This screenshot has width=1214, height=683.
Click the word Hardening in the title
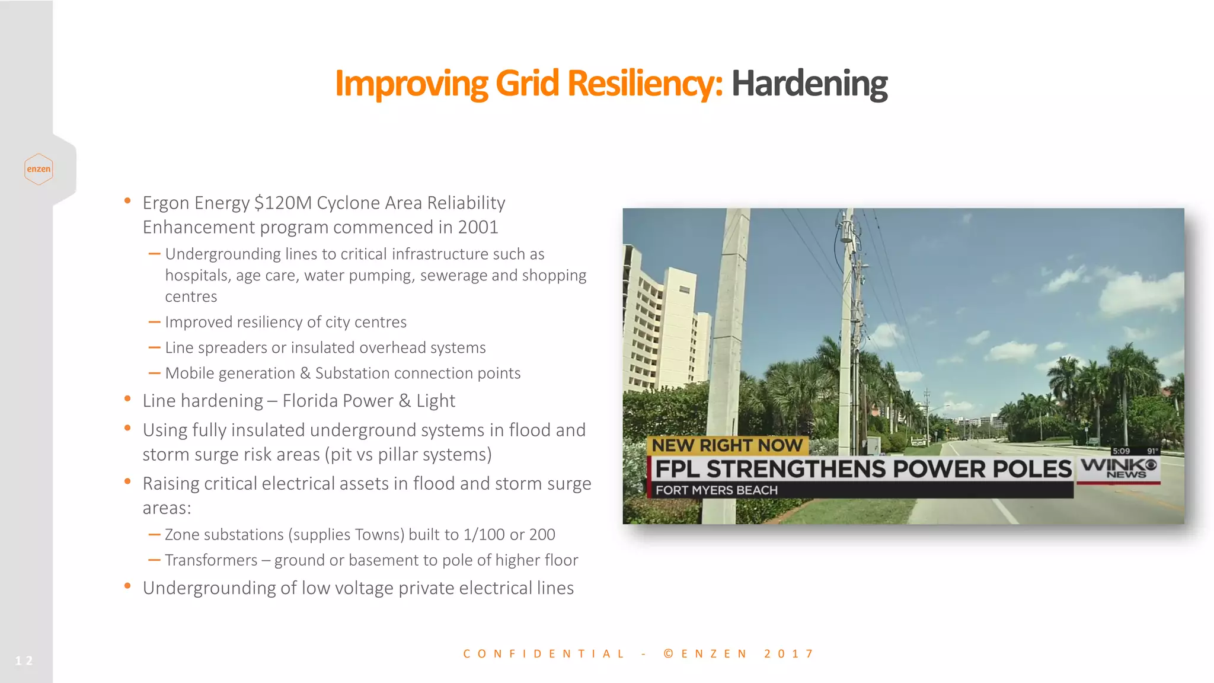click(x=809, y=84)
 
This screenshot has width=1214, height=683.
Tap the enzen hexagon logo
click(x=39, y=169)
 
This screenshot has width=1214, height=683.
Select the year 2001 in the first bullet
click(x=478, y=227)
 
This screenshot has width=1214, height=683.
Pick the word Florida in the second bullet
click(x=308, y=401)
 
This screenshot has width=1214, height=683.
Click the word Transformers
click(x=211, y=560)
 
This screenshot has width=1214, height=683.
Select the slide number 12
click(x=24, y=660)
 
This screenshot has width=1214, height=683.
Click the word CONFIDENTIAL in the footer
click(x=544, y=654)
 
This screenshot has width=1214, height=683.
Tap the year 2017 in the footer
click(x=789, y=654)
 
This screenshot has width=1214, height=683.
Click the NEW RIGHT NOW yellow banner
click(x=727, y=445)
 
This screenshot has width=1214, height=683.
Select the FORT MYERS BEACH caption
click(x=716, y=490)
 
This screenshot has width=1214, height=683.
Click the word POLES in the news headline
click(x=1032, y=469)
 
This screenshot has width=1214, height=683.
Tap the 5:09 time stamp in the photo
click(x=1121, y=451)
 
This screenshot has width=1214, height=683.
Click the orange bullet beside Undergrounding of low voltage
click(x=127, y=586)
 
